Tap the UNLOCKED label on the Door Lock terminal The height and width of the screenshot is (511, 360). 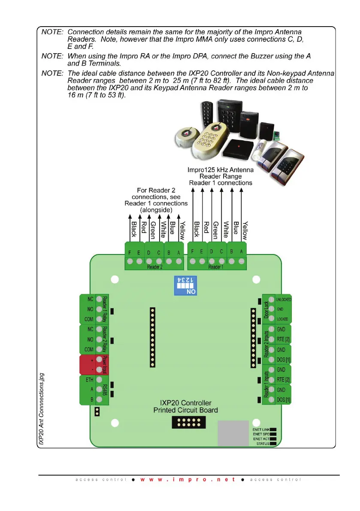click(284, 299)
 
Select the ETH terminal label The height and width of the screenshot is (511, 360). click(89, 380)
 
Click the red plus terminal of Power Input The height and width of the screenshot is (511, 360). click(91, 360)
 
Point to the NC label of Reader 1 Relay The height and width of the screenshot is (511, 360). click(90, 299)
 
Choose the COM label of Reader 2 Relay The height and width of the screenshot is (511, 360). click(89, 349)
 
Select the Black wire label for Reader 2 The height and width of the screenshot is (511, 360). click(133, 230)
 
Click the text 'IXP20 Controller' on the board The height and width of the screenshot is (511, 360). click(185, 403)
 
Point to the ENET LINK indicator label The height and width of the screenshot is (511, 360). click(261, 429)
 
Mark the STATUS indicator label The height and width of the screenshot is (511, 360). click(263, 444)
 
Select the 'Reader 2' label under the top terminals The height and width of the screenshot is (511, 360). click(154, 267)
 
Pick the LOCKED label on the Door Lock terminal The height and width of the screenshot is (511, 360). click(282, 319)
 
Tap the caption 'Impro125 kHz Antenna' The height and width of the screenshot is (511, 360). click(221, 170)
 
